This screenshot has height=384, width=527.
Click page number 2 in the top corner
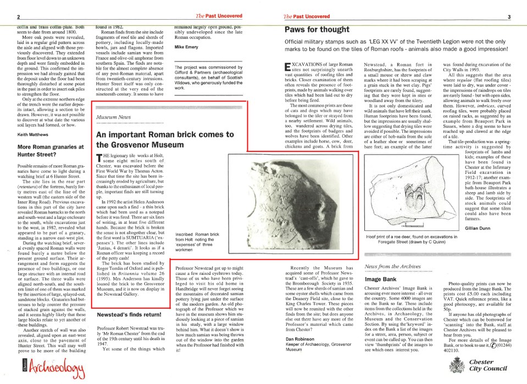(18, 17)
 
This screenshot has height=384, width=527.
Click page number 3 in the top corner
(509, 17)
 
